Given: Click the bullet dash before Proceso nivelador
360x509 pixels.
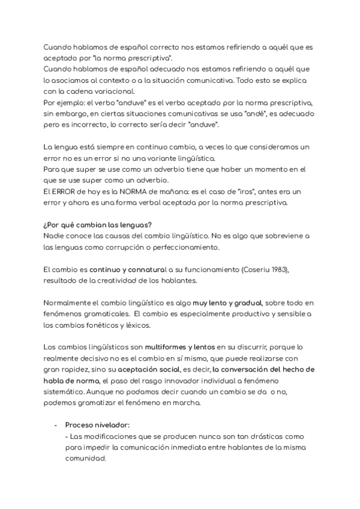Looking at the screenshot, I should [56, 424].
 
